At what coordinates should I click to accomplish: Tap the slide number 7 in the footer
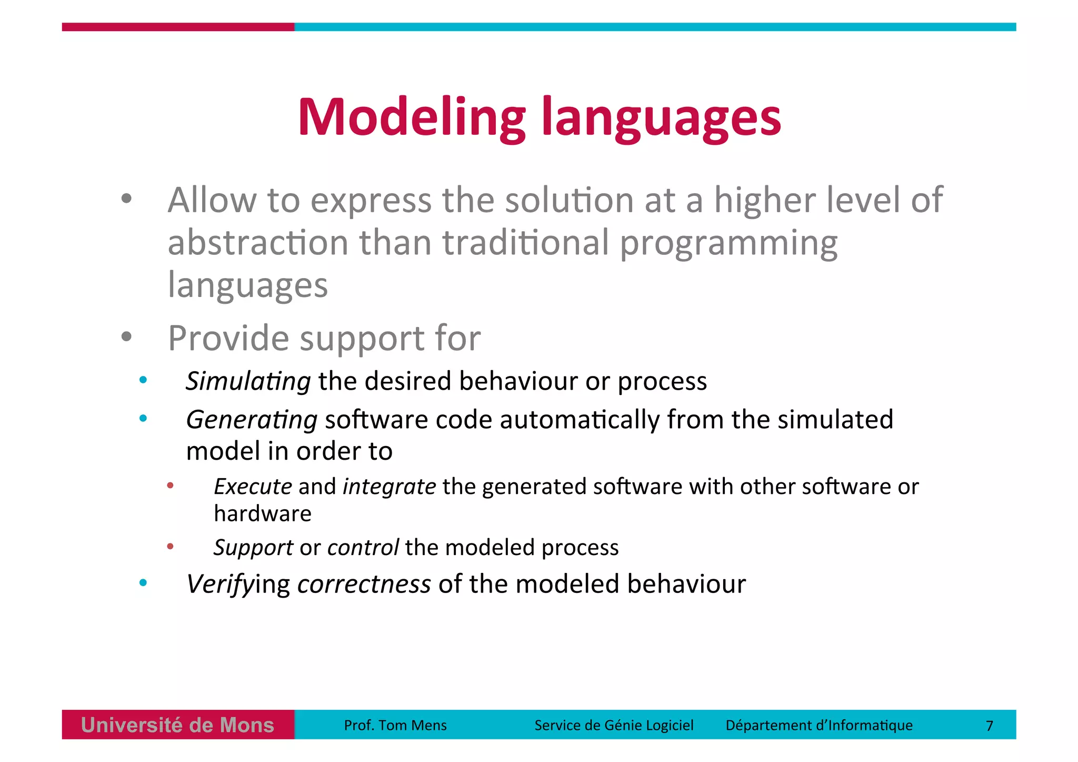click(x=989, y=726)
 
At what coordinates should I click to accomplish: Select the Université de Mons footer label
click(x=177, y=725)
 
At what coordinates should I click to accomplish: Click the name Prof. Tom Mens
click(x=395, y=725)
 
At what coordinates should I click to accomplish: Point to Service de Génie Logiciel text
click(x=614, y=725)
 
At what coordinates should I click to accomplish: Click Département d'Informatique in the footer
click(x=819, y=725)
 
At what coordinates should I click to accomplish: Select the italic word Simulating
click(x=248, y=381)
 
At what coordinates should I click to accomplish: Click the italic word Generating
click(x=252, y=420)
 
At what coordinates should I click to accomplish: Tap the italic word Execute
click(x=253, y=487)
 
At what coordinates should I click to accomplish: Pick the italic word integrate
click(x=389, y=487)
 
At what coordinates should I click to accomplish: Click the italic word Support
click(x=253, y=548)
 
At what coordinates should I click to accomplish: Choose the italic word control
click(x=363, y=548)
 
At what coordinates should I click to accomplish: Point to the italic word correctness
click(x=364, y=584)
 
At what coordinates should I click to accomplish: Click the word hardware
click(x=262, y=513)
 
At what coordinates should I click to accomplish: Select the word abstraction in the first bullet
click(x=258, y=243)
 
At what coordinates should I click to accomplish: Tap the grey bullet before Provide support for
click(x=126, y=337)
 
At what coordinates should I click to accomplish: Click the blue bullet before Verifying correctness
click(x=143, y=582)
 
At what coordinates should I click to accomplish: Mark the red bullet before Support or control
click(x=170, y=547)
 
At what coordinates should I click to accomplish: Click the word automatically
click(x=580, y=420)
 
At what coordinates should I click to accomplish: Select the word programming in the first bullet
click(x=728, y=243)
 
